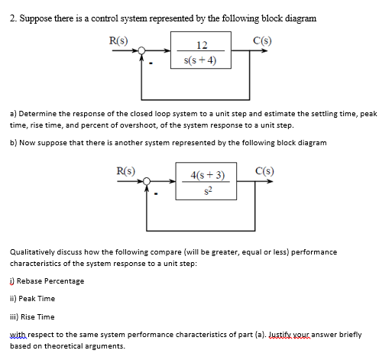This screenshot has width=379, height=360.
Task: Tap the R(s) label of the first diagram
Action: [118, 39]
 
